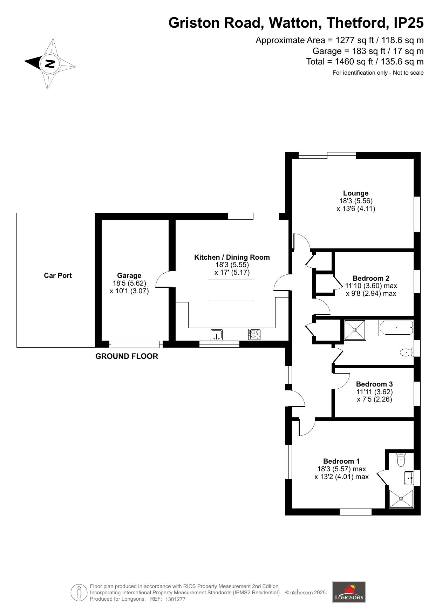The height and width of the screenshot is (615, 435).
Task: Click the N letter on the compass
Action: tap(50, 64)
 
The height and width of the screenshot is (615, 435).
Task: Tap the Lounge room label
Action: tap(355, 193)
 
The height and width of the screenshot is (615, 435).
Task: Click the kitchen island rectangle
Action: tap(230, 290)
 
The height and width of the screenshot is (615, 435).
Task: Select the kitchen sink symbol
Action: tap(217, 335)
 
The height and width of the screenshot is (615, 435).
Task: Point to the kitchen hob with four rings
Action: tap(254, 334)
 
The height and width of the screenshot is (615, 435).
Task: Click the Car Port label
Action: tap(57, 275)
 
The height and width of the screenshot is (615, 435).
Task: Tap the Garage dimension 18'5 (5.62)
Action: tap(129, 283)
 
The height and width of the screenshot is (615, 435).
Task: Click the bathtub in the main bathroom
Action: tap(396, 328)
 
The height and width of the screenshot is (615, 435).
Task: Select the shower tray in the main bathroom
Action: tap(354, 330)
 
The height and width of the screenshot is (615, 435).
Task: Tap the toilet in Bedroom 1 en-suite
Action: tap(401, 459)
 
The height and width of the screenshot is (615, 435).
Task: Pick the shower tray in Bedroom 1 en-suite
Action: tap(401, 498)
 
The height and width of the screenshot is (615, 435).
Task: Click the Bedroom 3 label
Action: tap(374, 384)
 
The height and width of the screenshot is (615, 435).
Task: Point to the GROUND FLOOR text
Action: tap(127, 356)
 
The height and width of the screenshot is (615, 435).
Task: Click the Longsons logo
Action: tap(349, 592)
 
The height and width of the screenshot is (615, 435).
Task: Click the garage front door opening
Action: tap(135, 344)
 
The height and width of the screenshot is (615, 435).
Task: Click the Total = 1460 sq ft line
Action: tap(365, 62)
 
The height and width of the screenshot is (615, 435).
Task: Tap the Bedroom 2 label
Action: tap(371, 278)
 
